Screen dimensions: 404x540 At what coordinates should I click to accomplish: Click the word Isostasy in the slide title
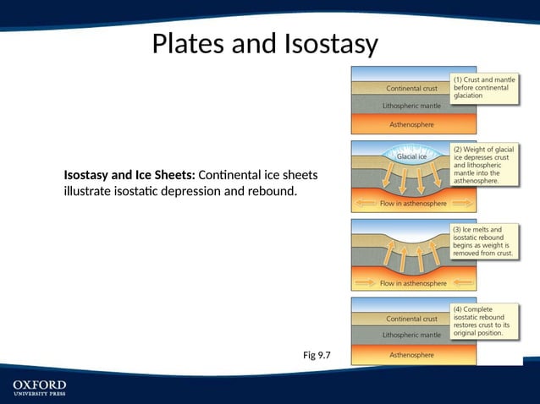pos(326,43)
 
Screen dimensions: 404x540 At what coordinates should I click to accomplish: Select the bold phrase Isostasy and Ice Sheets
pos(129,175)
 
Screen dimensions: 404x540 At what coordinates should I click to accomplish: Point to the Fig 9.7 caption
pos(317,355)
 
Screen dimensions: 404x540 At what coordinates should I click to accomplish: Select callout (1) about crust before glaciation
pos(485,87)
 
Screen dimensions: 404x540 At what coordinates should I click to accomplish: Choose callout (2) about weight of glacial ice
pos(484,165)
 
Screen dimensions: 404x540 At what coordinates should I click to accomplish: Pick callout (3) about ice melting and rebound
pos(484,241)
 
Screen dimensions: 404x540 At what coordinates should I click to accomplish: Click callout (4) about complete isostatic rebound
pos(484,321)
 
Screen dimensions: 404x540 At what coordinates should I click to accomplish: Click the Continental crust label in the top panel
pos(411,88)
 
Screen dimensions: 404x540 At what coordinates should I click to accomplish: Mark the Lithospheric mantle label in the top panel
pos(411,106)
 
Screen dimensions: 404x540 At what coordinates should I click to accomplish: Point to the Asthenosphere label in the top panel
pos(411,124)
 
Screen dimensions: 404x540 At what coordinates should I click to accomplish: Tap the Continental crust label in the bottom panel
pos(411,319)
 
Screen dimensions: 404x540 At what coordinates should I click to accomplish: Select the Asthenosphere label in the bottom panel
pos(411,355)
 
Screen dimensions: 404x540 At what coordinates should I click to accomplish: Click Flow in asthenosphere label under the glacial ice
pos(412,204)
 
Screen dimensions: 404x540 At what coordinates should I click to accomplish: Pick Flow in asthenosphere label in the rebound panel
pos(412,283)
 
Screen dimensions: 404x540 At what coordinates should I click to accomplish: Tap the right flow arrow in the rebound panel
pos(461,283)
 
